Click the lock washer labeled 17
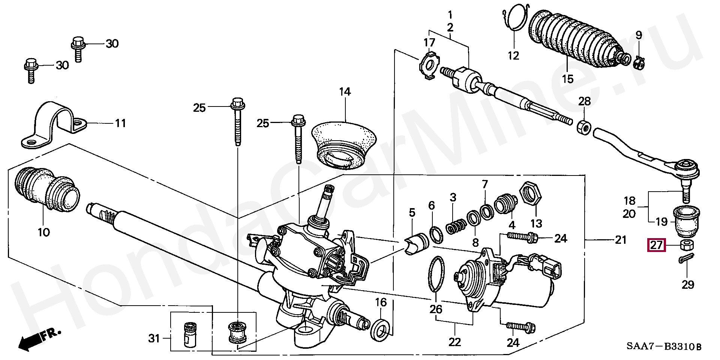click(429, 64)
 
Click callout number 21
click(621, 240)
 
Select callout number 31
click(154, 339)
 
